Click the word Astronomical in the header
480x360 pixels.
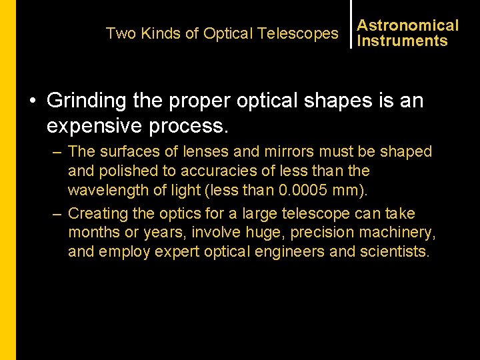click(407, 26)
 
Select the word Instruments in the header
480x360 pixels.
click(402, 41)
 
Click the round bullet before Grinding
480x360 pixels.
click(33, 101)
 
